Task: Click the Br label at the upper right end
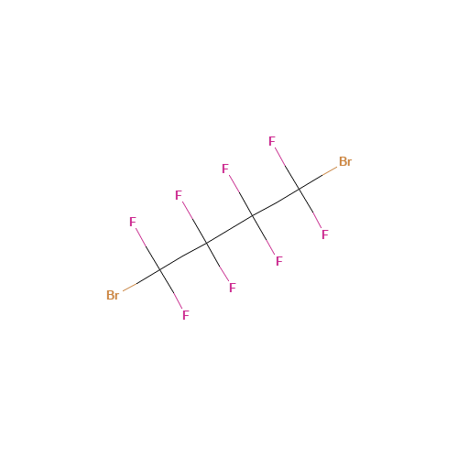(345, 161)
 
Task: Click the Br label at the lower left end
(113, 295)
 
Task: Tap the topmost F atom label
(272, 141)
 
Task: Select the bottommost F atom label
(186, 315)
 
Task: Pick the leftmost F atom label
(133, 222)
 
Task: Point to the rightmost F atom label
(325, 234)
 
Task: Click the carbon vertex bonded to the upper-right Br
(300, 190)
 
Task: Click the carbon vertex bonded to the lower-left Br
(160, 270)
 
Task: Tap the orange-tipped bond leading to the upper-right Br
(318, 179)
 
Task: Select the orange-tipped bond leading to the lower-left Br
(141, 280)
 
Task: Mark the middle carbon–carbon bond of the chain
(230, 230)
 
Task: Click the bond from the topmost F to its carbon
(287, 169)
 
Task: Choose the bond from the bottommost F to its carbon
(171, 289)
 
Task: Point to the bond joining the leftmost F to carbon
(147, 249)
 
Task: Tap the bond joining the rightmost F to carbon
(311, 209)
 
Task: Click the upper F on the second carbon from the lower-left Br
(179, 195)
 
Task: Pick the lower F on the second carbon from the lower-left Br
(233, 288)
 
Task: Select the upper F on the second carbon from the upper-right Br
(225, 169)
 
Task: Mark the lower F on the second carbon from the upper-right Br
(279, 261)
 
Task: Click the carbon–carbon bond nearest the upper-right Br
(276, 202)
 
